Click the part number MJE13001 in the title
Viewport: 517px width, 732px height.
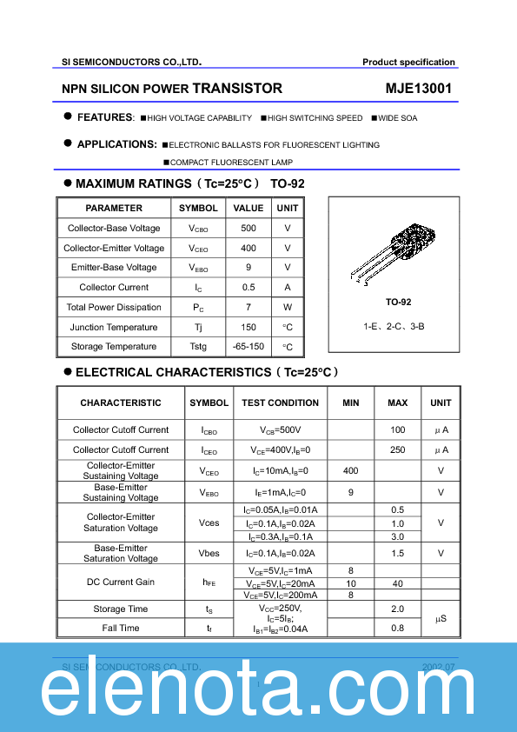tap(418, 89)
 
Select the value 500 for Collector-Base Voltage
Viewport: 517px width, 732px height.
tap(249, 229)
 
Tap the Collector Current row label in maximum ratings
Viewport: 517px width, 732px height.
tap(114, 288)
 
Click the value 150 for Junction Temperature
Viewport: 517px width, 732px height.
tap(249, 328)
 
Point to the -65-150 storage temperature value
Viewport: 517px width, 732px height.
tap(249, 347)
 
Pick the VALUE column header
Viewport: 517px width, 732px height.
tap(249, 209)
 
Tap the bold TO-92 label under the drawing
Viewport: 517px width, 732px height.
tap(399, 302)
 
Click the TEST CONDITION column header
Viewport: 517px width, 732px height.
tap(280, 403)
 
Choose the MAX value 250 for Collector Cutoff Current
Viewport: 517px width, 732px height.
tap(398, 450)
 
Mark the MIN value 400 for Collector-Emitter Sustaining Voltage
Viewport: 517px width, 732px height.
tap(350, 471)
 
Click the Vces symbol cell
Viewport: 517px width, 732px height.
tap(209, 523)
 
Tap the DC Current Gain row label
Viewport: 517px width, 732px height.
tap(121, 582)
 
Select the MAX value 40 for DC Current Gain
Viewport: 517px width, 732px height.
tap(398, 583)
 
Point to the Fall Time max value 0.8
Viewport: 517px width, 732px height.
tap(398, 629)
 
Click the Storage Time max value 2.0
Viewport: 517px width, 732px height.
tap(398, 609)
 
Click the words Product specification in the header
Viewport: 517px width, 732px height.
tap(408, 63)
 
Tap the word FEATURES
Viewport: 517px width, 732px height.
tap(104, 117)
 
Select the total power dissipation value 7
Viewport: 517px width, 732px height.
tap(249, 308)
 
